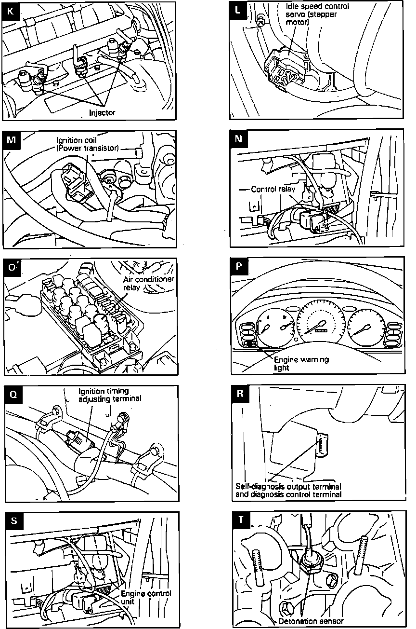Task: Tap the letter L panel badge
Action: click(x=239, y=10)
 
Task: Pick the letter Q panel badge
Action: click(x=13, y=395)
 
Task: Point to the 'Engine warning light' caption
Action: click(x=294, y=363)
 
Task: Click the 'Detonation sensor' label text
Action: click(x=311, y=621)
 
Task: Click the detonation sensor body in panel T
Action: click(x=309, y=561)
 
